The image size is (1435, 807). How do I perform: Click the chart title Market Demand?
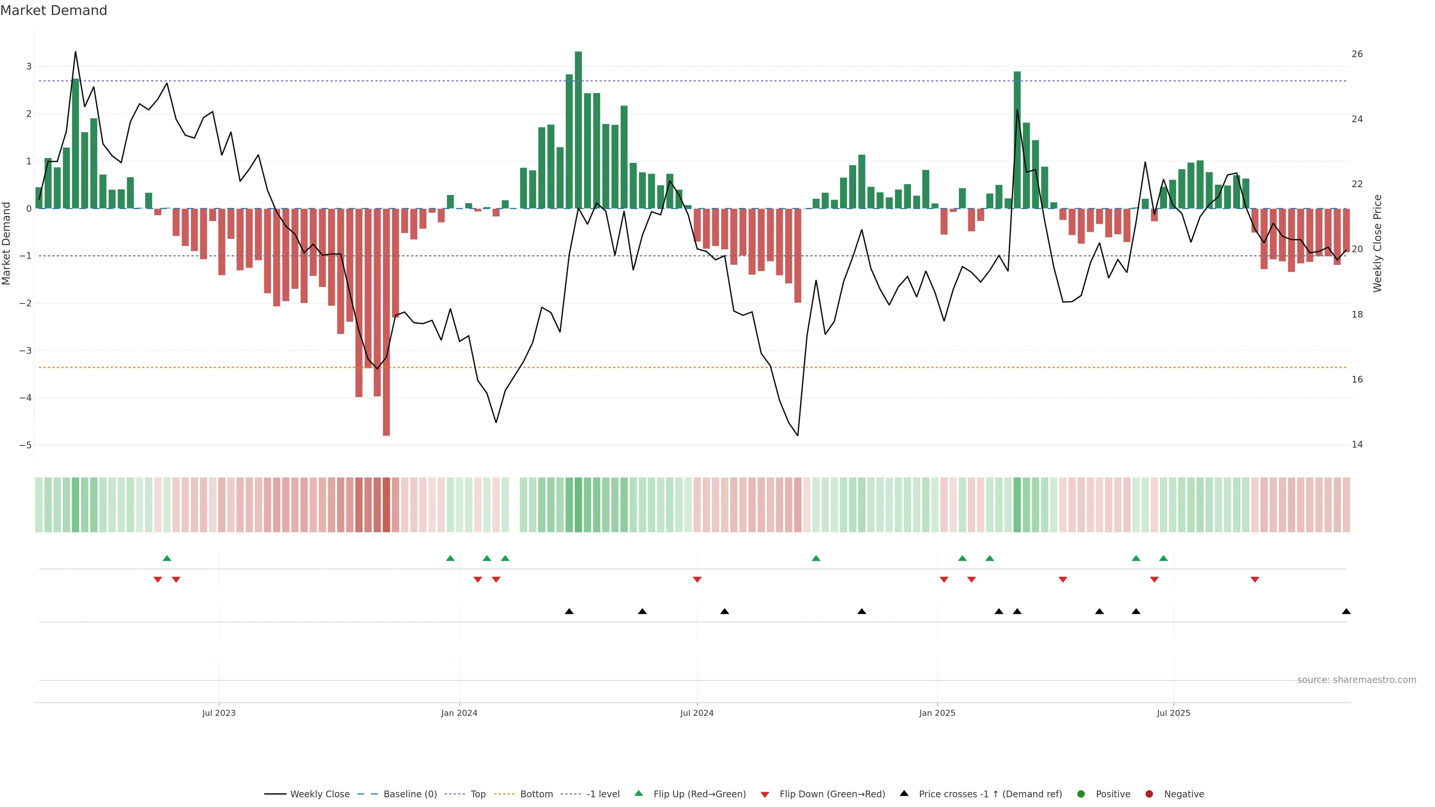tap(53, 10)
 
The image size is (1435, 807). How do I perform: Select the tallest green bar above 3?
tap(578, 128)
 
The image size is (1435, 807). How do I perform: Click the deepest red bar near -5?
tap(386, 323)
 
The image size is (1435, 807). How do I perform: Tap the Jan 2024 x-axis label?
tap(459, 713)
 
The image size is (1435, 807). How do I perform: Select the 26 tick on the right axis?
tap(1357, 54)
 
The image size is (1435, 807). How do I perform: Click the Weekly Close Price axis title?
tap(1377, 243)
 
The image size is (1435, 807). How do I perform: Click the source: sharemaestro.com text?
tap(1357, 680)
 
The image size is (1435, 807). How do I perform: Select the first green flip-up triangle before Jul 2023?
tap(167, 558)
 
